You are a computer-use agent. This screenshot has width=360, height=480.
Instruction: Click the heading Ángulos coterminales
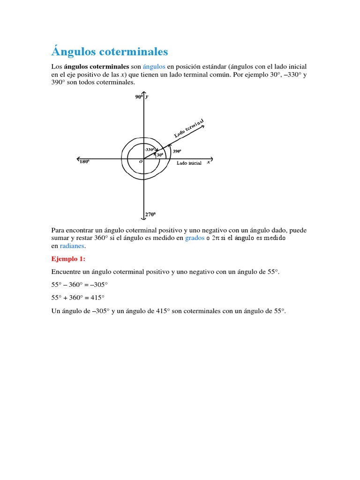click(109, 51)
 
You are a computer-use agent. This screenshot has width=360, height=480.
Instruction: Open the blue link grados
click(195, 238)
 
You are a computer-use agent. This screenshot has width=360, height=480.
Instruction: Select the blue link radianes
click(73, 246)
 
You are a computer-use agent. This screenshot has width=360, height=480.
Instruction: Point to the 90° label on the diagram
click(138, 97)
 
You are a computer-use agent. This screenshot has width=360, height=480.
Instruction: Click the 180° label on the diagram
click(84, 162)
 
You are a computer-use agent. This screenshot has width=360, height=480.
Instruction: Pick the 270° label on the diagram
click(150, 214)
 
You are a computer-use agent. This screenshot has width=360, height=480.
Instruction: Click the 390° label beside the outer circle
click(177, 151)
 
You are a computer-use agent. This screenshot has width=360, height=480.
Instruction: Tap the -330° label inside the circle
click(150, 150)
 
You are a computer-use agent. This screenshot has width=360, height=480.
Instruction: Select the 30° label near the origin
click(159, 155)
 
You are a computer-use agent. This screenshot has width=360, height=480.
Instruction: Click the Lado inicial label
click(189, 163)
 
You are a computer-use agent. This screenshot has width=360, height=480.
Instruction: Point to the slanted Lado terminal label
click(189, 128)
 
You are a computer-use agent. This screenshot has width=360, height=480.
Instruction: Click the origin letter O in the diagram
click(140, 161)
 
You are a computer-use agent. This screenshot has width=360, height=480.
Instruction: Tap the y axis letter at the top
click(147, 97)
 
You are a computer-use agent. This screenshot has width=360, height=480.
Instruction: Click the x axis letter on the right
click(208, 162)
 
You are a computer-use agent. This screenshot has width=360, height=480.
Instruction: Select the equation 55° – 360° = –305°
click(80, 285)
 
